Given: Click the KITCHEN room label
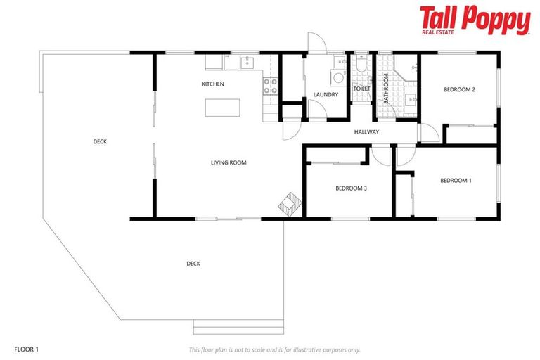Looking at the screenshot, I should (212, 84).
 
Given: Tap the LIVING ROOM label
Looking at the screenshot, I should (229, 162).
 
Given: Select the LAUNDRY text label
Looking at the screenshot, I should (325, 94).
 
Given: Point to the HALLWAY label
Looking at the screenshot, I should (366, 131).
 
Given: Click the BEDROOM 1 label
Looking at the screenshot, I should (456, 181).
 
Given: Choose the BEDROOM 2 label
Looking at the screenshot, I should (460, 89).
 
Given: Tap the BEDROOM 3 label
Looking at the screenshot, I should (351, 188).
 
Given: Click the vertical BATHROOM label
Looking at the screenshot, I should (386, 89).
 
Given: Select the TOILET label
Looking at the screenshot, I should (361, 89).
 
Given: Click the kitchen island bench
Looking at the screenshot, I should (221, 108).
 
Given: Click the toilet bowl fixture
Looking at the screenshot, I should (360, 65).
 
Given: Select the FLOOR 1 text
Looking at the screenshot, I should (26, 349).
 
